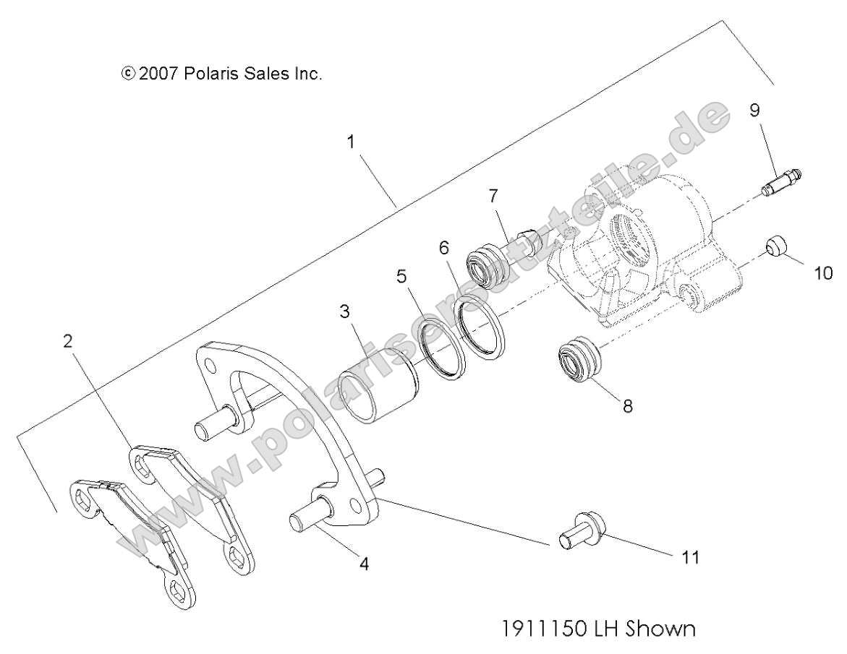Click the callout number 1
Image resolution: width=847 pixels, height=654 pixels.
coord(351,142)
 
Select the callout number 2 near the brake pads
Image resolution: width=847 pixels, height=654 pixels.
coord(69,341)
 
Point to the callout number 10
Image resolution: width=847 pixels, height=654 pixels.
coord(823,273)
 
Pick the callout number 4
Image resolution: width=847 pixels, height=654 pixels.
coord(365,564)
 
